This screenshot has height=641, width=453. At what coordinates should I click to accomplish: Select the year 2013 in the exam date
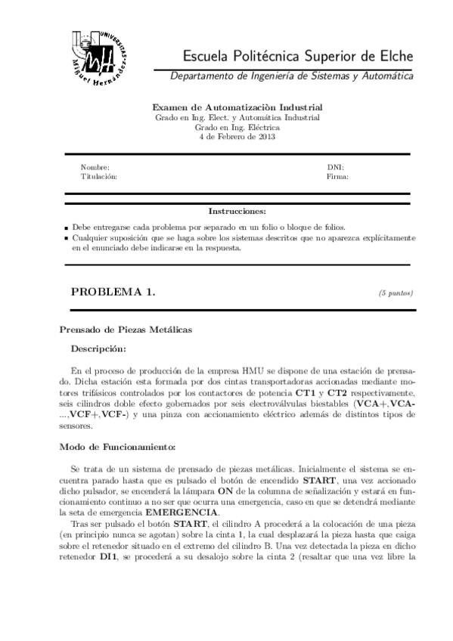pos(266,137)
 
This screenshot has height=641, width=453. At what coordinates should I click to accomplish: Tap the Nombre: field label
pos(95,167)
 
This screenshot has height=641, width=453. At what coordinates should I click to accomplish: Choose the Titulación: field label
pos(98,176)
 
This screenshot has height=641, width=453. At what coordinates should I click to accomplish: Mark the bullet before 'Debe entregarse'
pos(67,227)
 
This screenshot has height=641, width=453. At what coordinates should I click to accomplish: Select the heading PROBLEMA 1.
pos(113,293)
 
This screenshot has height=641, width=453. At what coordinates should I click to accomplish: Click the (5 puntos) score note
pos(396,293)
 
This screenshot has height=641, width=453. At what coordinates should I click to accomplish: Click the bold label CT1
pos(306,394)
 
